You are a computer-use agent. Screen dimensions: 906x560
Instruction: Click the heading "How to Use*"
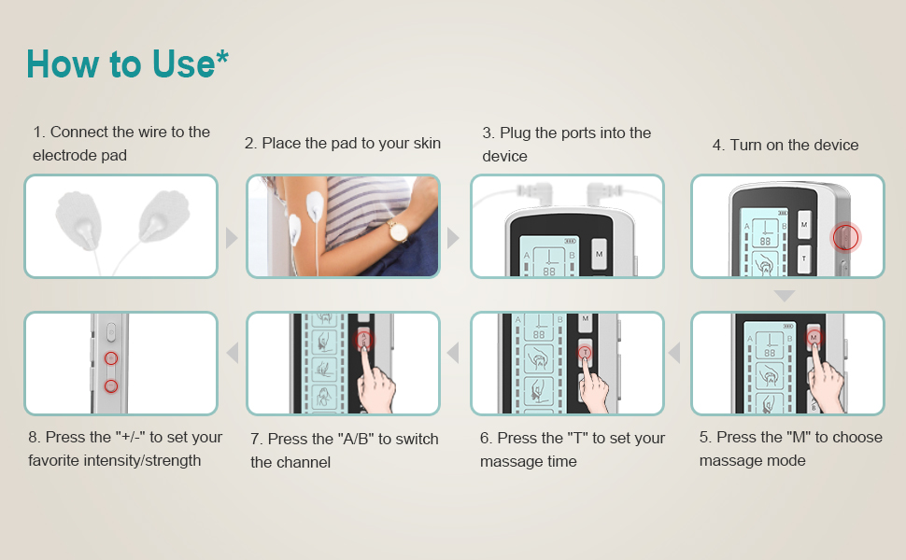pyautogui.click(x=127, y=63)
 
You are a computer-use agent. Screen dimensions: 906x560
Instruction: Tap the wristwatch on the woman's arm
pyautogui.click(x=398, y=231)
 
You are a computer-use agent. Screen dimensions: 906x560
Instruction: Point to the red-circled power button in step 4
pyautogui.click(x=845, y=237)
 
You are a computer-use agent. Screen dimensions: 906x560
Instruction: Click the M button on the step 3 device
pyautogui.click(x=600, y=254)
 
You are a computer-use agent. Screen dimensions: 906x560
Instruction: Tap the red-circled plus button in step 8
pyautogui.click(x=111, y=358)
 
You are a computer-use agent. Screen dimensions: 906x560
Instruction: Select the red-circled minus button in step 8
pyautogui.click(x=111, y=386)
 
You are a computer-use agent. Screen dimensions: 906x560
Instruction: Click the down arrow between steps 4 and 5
pyautogui.click(x=785, y=296)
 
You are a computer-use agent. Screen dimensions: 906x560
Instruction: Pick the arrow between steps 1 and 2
pyautogui.click(x=232, y=238)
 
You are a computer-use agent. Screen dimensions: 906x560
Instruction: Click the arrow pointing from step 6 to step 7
pyautogui.click(x=453, y=353)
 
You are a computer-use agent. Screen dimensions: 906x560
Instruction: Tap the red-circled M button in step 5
pyautogui.click(x=814, y=337)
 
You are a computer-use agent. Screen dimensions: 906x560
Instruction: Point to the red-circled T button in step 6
pyautogui.click(x=585, y=352)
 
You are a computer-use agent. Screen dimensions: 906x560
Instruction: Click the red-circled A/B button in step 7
pyautogui.click(x=364, y=340)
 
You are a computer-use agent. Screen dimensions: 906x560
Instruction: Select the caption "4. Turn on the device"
pyautogui.click(x=786, y=145)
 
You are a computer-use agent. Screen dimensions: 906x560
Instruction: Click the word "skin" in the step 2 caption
pyautogui.click(x=426, y=143)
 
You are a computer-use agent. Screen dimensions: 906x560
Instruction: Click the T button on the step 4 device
pyautogui.click(x=804, y=259)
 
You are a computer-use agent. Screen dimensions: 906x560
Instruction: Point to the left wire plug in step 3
pyautogui.click(x=533, y=191)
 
